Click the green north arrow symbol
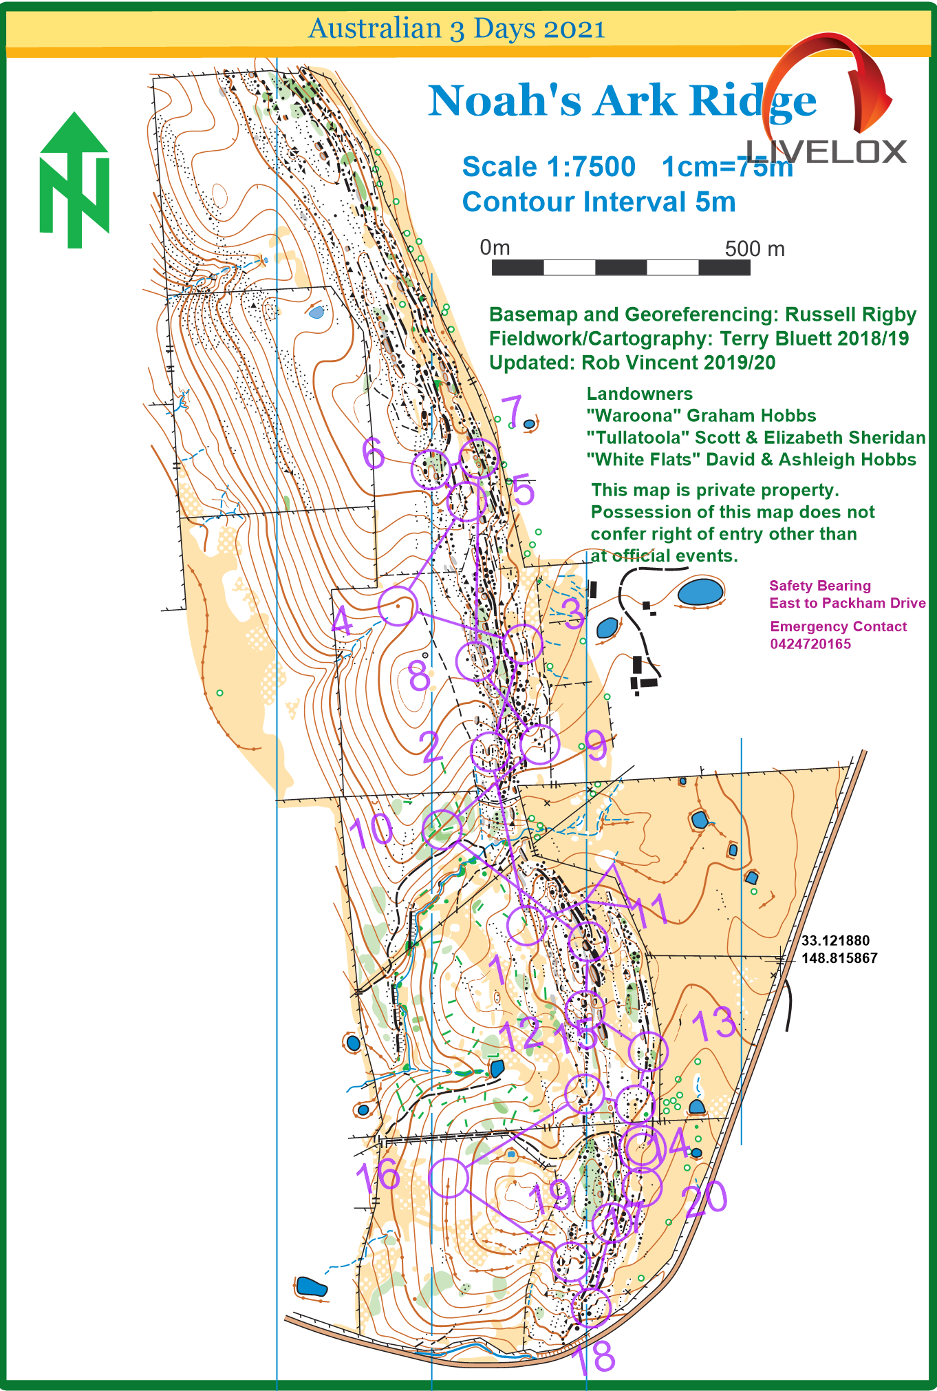point(74,180)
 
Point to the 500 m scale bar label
point(754,248)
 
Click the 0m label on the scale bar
point(495,247)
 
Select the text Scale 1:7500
point(548,167)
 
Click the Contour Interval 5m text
point(599,202)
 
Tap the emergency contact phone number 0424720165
point(810,644)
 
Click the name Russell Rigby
point(850,315)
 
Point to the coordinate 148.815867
point(839,958)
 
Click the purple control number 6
point(374,453)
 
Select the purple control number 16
point(378,1176)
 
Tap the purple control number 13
point(714,1023)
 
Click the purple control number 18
point(593,1357)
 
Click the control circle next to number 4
point(398,606)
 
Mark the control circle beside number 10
point(442,828)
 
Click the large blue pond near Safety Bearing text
point(700,592)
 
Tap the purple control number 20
point(704,1198)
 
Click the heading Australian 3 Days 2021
point(457,29)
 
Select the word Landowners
point(639,394)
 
